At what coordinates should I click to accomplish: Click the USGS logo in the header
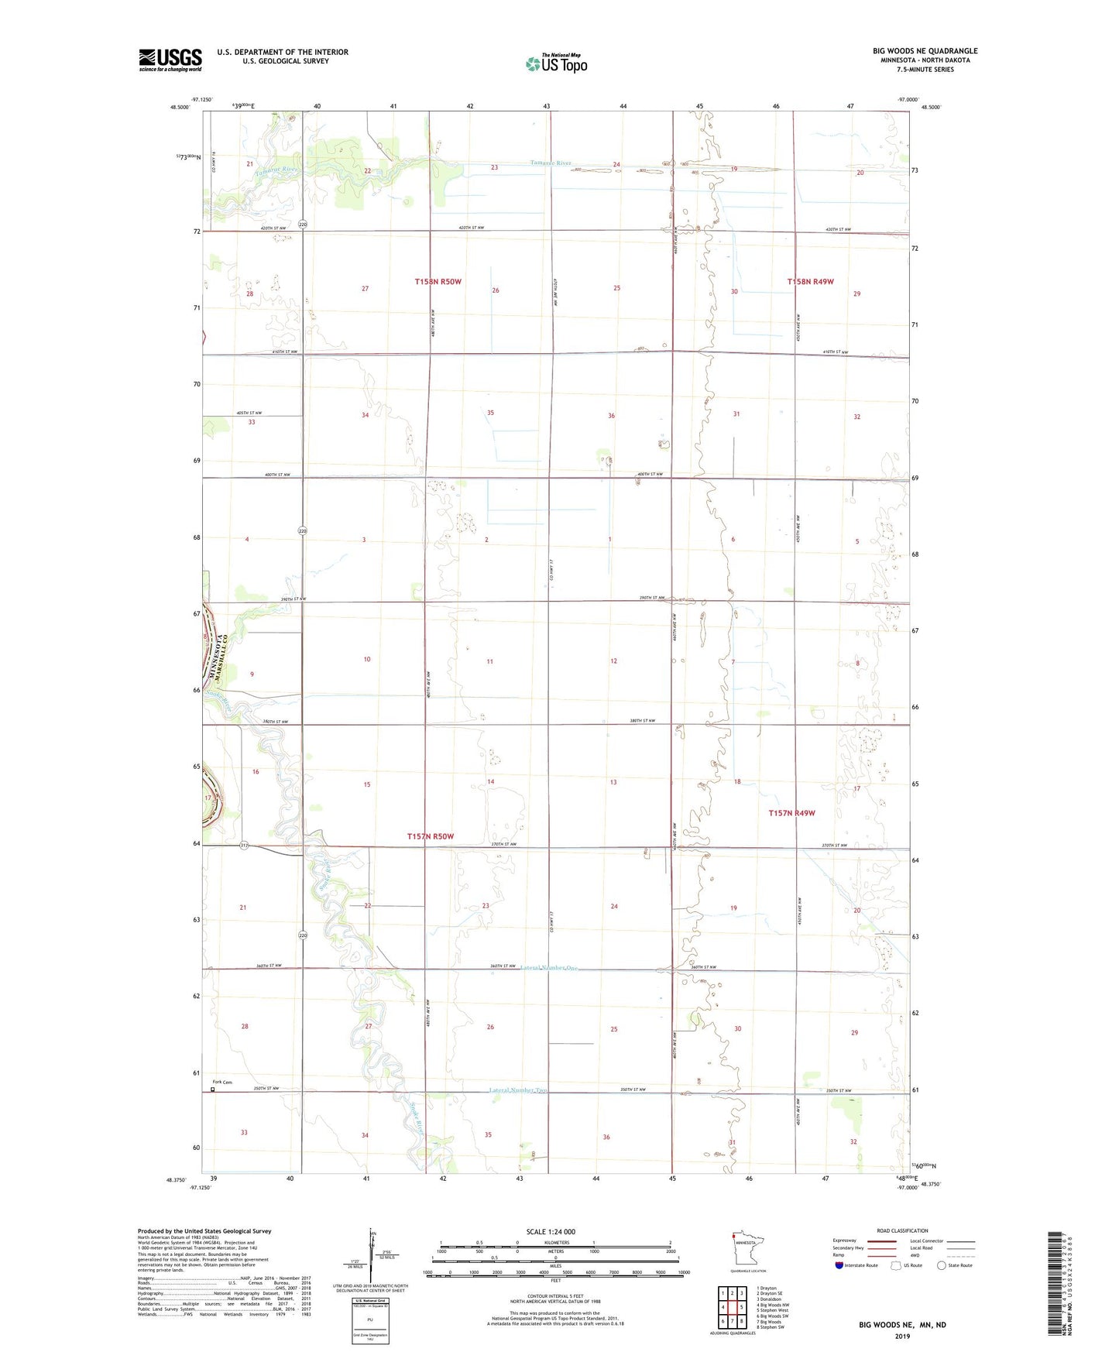pyautogui.click(x=170, y=60)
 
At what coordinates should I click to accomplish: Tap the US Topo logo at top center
pyautogui.click(x=556, y=63)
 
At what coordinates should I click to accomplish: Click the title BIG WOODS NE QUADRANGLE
pyautogui.click(x=925, y=51)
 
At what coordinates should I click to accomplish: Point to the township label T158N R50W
pyautogui.click(x=438, y=282)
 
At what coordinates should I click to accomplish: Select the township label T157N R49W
pyautogui.click(x=791, y=813)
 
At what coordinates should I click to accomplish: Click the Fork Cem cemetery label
pyautogui.click(x=222, y=1083)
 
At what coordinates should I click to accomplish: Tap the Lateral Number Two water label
pyautogui.click(x=518, y=1090)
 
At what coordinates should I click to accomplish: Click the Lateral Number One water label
pyautogui.click(x=549, y=968)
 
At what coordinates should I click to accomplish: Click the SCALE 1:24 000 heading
pyautogui.click(x=551, y=1232)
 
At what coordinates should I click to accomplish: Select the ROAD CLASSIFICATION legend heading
pyautogui.click(x=902, y=1230)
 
